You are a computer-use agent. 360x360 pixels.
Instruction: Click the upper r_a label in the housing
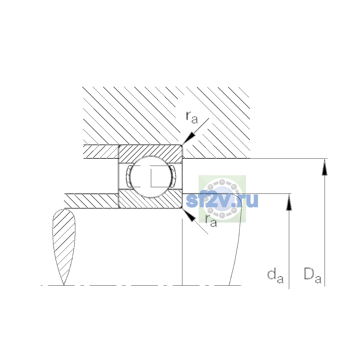point(192,118)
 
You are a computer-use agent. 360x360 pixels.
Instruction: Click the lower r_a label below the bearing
point(211,221)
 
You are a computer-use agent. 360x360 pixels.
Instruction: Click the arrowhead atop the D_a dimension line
point(325,167)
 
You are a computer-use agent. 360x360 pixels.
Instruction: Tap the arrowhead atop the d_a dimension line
point(289,202)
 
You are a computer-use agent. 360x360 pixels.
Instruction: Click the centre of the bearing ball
point(151,176)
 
